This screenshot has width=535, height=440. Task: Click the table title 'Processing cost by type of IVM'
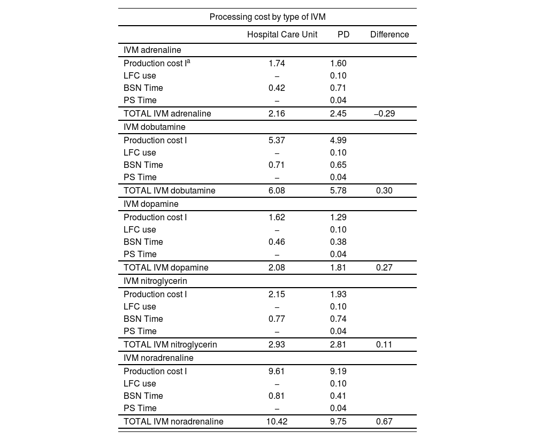(x=267, y=17)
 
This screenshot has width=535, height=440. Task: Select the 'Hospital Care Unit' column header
(x=282, y=35)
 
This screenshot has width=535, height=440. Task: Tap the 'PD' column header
(x=343, y=35)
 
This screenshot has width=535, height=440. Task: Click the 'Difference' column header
(x=389, y=35)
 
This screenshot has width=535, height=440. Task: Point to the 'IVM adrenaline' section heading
(x=152, y=50)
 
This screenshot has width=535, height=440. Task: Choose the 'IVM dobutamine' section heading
(x=155, y=127)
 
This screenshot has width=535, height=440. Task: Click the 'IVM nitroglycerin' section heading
(x=155, y=281)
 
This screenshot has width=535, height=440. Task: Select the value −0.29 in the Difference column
(x=384, y=114)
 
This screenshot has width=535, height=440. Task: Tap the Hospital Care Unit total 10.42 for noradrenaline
(x=277, y=422)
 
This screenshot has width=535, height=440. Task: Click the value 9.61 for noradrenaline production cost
(x=277, y=372)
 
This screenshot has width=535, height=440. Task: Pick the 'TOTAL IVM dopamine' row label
(x=166, y=268)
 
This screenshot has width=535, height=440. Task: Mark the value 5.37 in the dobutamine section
(x=277, y=141)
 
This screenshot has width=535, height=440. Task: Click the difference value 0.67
(x=384, y=422)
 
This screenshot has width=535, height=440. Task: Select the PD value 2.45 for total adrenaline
(x=338, y=114)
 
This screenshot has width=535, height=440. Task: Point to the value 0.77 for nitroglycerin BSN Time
(x=277, y=319)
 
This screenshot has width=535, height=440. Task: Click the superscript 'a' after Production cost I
(x=188, y=61)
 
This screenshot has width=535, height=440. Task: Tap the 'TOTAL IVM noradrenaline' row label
(x=173, y=422)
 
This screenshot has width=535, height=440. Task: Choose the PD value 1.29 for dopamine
(x=338, y=218)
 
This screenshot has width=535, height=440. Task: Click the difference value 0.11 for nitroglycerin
(x=384, y=345)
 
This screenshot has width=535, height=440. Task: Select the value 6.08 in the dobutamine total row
(x=277, y=191)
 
